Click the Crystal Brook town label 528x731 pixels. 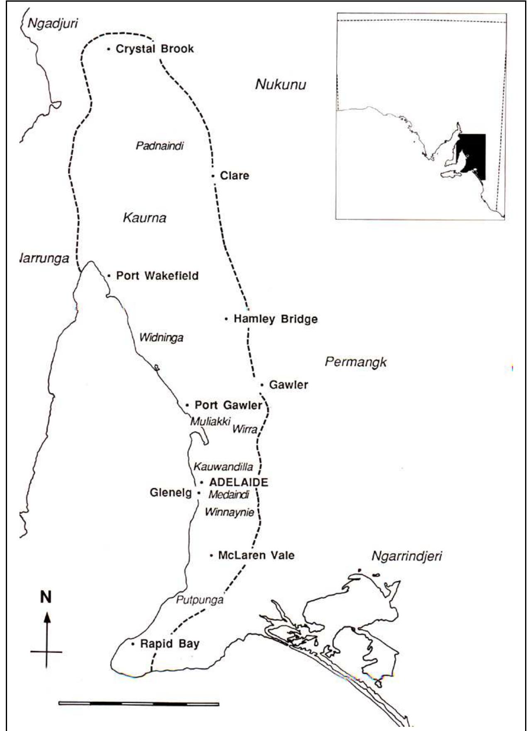(154, 49)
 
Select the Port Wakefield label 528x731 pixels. (157, 276)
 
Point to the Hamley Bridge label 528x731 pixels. (275, 319)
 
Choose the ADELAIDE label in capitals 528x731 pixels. (239, 482)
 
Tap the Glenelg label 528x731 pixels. (171, 493)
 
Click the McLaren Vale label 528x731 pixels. (256, 555)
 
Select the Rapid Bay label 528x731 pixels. (170, 644)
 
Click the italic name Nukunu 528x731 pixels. (281, 85)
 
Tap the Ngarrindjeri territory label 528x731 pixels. (406, 556)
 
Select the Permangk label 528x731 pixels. (355, 362)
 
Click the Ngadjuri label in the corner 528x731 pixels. (52, 23)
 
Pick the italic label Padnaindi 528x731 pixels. (160, 146)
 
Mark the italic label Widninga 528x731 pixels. (161, 338)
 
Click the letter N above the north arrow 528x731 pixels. (46, 597)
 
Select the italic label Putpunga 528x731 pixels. (200, 600)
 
